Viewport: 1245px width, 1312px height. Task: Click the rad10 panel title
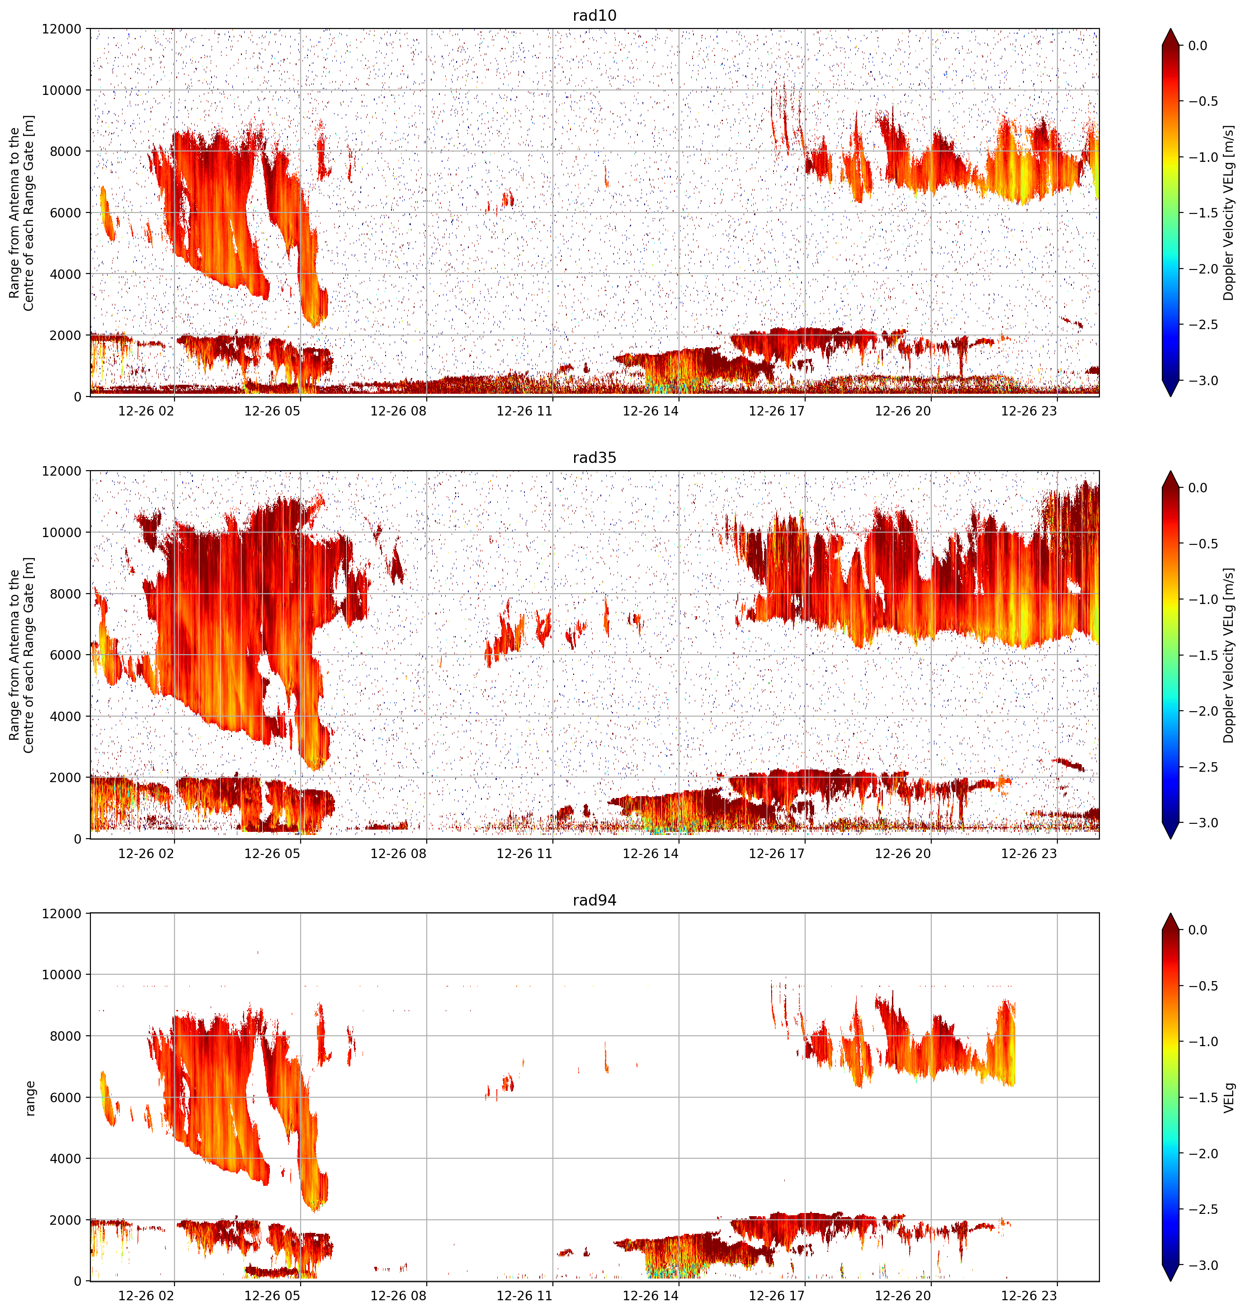click(594, 15)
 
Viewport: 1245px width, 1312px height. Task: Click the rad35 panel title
click(594, 457)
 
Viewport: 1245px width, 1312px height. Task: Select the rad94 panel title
click(594, 900)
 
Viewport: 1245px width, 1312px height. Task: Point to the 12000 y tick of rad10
click(62, 29)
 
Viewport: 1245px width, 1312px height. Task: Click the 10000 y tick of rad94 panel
click(62, 975)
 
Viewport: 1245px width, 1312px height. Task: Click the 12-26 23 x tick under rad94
click(1028, 1295)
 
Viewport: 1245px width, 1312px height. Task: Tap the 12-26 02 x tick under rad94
click(146, 1295)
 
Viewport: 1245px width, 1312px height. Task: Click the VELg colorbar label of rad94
click(1230, 1098)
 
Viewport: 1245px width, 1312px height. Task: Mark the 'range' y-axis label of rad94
click(30, 1098)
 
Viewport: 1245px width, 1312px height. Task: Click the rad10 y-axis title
click(21, 212)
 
